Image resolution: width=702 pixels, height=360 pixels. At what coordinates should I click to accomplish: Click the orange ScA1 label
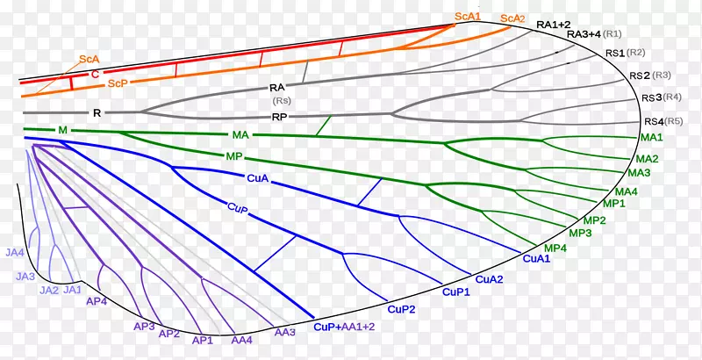pos(467,16)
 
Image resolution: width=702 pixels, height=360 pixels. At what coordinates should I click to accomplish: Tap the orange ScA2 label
pos(512,19)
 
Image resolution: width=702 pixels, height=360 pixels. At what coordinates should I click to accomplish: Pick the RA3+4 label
pos(584,34)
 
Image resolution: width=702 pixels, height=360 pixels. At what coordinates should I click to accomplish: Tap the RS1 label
pos(616,54)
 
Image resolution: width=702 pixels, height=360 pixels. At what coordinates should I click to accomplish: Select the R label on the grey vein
pos(97,112)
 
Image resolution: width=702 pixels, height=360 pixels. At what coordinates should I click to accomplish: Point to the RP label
pos(279,116)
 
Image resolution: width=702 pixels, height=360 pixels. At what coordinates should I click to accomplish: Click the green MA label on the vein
pos(241,135)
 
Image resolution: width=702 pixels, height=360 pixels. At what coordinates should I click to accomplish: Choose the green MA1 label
pos(652,138)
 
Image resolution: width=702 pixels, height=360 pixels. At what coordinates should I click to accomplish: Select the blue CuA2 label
pos(490,279)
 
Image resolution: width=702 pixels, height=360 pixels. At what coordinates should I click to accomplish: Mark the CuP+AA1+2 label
pos(344,326)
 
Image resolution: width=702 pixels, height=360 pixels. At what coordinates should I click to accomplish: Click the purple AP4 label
pos(97,300)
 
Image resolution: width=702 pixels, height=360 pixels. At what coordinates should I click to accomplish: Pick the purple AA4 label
pos(241,339)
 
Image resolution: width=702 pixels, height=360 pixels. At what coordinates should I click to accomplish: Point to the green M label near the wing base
pos(62,130)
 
